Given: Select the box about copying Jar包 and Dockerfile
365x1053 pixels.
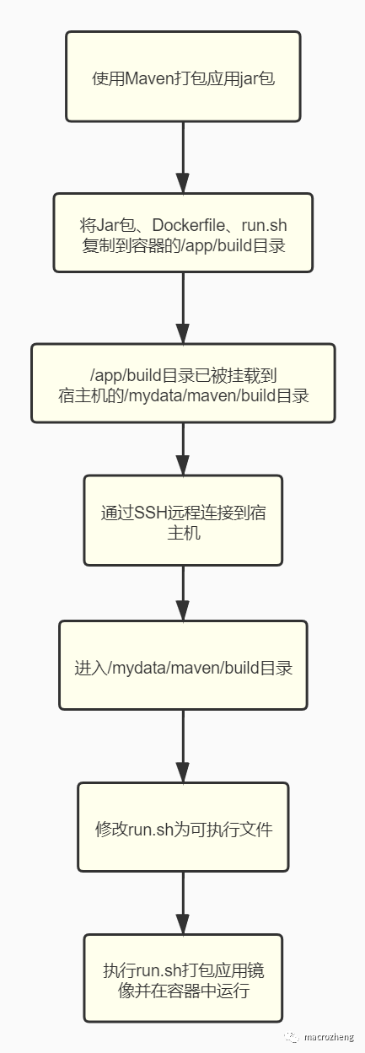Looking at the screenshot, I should [x=183, y=233].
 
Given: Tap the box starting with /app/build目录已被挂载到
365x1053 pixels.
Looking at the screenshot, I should [x=183, y=383].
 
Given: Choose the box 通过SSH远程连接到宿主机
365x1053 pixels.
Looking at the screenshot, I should [x=183, y=520].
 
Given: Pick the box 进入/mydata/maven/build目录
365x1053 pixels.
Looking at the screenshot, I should [x=183, y=666].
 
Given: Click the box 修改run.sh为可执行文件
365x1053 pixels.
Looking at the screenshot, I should [x=183, y=827].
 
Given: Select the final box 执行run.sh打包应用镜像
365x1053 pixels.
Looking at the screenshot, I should [x=183, y=978].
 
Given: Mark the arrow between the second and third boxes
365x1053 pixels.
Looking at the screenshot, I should [x=183, y=309].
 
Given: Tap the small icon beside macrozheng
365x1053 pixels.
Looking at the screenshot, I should [x=290, y=1037].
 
